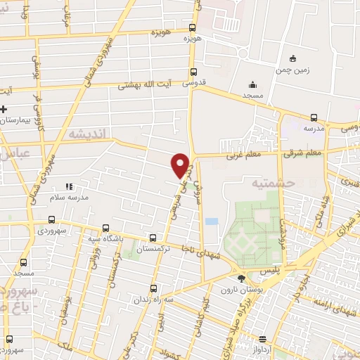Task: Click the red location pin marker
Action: [181, 164]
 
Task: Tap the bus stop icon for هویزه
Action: [192, 28]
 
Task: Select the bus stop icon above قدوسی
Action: [193, 71]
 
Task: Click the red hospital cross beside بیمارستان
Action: [4, 110]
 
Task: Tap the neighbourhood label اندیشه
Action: [85, 132]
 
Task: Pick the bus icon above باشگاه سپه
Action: [105, 228]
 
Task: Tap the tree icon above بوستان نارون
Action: [243, 279]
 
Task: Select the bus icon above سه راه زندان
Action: [153, 288]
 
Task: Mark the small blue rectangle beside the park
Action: [211, 221]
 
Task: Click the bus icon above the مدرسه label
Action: [314, 118]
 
